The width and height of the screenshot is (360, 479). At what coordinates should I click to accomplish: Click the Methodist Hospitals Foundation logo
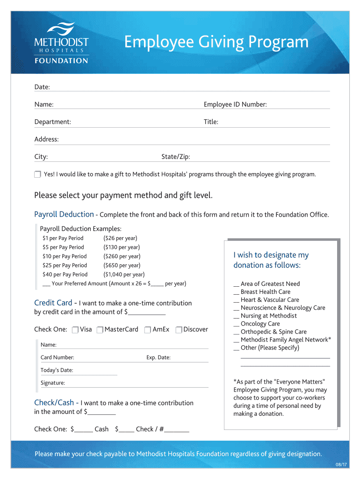pos(61,43)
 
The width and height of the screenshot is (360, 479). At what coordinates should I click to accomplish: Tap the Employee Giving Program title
pos(216,42)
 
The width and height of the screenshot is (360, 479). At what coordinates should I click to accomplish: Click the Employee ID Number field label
pos(235,104)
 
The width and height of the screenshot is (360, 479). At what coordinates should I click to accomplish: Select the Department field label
pos(53,122)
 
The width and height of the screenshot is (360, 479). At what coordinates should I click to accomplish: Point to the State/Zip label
pos(176,157)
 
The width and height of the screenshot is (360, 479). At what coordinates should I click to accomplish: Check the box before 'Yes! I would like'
pos(38,174)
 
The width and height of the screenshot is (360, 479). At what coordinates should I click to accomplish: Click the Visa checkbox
pos(75,330)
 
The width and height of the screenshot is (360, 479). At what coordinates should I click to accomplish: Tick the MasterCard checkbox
pos(100,330)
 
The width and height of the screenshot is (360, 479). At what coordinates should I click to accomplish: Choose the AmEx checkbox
pos(148,330)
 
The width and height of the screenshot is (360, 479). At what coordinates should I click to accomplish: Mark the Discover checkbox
pos(179,330)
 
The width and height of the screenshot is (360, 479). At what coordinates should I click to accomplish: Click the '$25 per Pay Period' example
pos(65,265)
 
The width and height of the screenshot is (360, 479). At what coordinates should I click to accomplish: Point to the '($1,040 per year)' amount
pos(124,275)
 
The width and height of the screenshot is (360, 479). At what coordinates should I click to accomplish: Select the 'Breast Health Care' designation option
pos(265,292)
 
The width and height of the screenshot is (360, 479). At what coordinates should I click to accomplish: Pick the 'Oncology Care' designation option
pos(260,324)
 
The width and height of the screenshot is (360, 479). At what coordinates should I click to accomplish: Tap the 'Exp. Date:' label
pos(158,358)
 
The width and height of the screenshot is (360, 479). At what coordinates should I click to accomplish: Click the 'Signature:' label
pos(53,383)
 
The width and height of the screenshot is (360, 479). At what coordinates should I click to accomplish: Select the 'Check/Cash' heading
pos(54,403)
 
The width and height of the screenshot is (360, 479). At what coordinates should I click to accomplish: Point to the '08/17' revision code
pos(341,464)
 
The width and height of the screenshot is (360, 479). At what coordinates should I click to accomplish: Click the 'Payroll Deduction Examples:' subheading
pos(80,229)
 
